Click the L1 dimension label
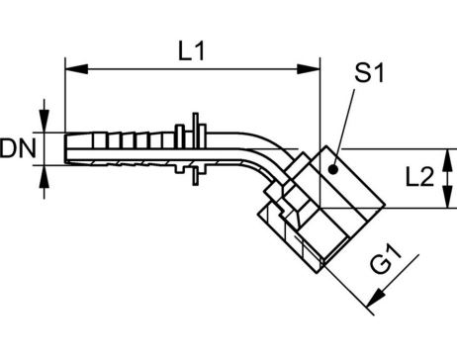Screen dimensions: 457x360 tap(191, 51)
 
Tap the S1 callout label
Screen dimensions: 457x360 tap(369, 73)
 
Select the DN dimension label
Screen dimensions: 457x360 tap(18, 148)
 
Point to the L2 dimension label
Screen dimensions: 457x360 tap(419, 178)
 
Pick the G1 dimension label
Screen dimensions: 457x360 tap(387, 258)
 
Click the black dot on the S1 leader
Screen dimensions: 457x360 tap(333, 169)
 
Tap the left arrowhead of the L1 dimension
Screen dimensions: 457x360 tap(77, 69)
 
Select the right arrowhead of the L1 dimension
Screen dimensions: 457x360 tap(309, 69)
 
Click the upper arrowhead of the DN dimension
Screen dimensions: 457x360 tap(45, 121)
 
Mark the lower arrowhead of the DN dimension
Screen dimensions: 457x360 tap(45, 177)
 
